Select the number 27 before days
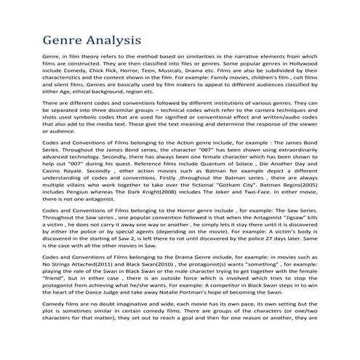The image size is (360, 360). (246, 292)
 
